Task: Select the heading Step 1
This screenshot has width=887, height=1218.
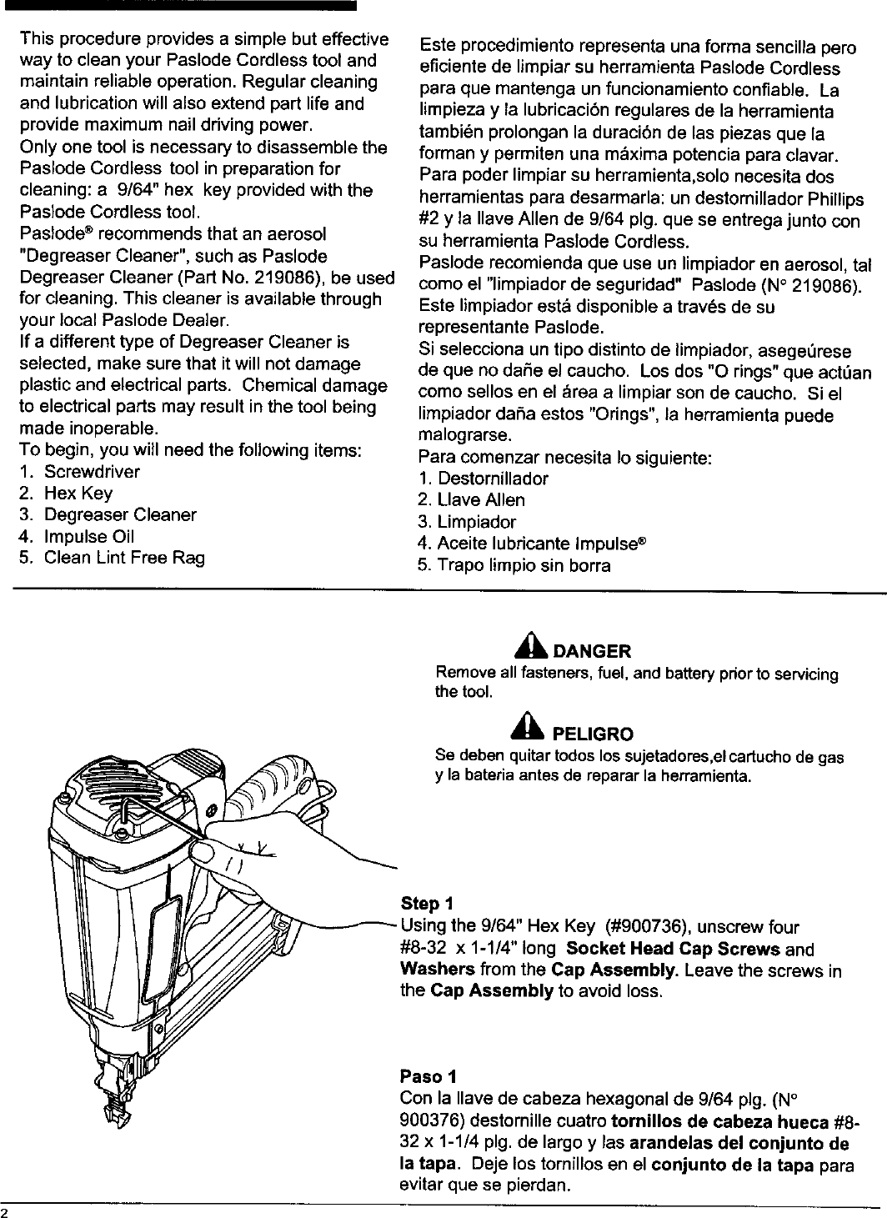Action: (427, 904)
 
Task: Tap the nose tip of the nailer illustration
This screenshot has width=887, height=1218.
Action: (110, 1114)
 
